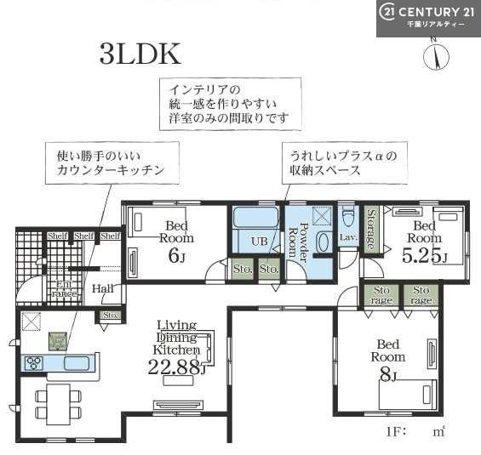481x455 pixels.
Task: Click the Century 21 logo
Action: click(x=428, y=18)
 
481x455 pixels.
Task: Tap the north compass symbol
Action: click(x=435, y=55)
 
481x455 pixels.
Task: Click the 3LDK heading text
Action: click(x=140, y=54)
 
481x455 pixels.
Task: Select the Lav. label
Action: click(x=347, y=238)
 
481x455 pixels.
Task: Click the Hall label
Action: click(x=102, y=288)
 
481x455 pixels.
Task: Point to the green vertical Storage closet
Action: click(x=371, y=230)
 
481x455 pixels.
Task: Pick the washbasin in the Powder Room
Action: click(x=324, y=242)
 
